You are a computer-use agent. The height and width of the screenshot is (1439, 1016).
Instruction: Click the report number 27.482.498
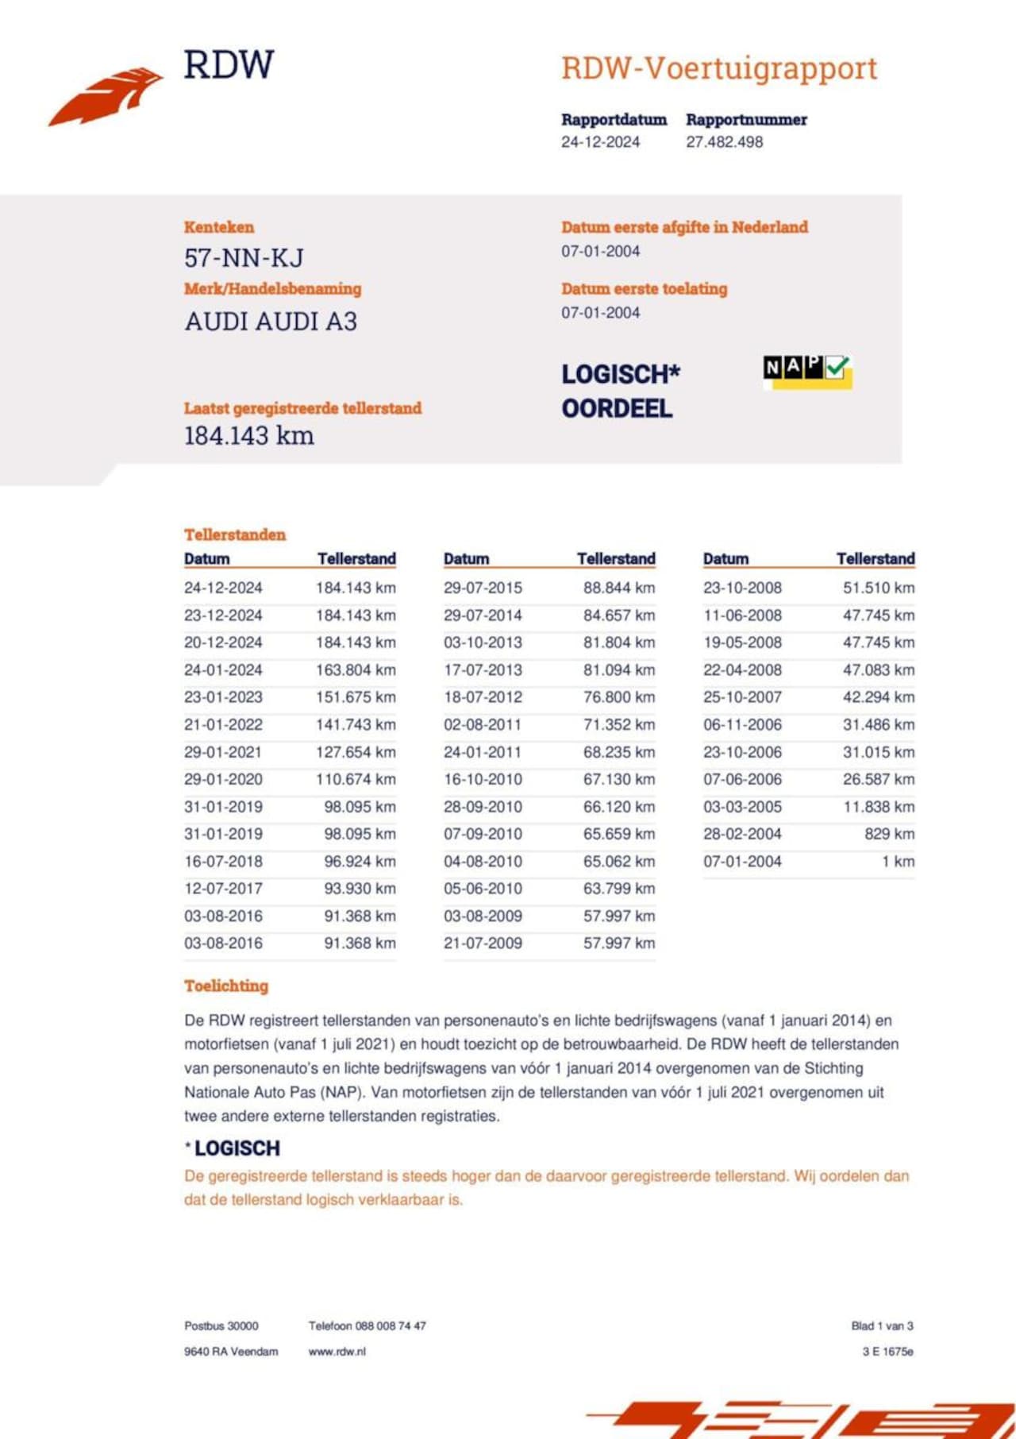tap(724, 142)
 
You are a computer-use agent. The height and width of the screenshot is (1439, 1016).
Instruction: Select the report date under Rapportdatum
tap(600, 142)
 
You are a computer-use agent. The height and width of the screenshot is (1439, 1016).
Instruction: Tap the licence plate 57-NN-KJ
tap(244, 258)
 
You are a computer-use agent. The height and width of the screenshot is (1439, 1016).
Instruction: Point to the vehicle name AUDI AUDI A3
tap(271, 322)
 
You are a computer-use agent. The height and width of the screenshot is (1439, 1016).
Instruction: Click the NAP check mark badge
tap(806, 370)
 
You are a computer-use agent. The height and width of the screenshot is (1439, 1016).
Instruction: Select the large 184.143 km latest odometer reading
tap(249, 436)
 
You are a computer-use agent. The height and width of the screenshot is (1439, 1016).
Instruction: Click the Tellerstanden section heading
tap(235, 534)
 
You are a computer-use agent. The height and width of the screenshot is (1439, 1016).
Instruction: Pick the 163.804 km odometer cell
tap(356, 670)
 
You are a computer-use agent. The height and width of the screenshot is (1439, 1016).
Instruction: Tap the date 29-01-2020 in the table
tap(223, 779)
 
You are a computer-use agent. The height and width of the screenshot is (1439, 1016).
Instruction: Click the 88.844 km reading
tap(619, 588)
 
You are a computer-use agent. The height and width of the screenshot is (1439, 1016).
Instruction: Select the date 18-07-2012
tap(483, 697)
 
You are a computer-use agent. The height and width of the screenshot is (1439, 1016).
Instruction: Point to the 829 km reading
tap(889, 834)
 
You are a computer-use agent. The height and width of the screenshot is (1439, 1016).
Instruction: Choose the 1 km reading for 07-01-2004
tap(898, 862)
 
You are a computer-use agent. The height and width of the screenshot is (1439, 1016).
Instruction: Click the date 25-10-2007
tap(742, 697)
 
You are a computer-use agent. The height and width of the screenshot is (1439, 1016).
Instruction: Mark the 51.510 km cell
tap(879, 588)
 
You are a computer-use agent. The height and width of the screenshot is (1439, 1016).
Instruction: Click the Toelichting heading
tap(226, 986)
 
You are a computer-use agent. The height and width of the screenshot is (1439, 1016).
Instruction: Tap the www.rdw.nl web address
tap(337, 1351)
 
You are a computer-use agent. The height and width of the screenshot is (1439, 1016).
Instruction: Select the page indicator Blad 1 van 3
tap(882, 1325)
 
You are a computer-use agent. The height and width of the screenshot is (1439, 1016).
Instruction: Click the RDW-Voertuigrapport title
tap(719, 69)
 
